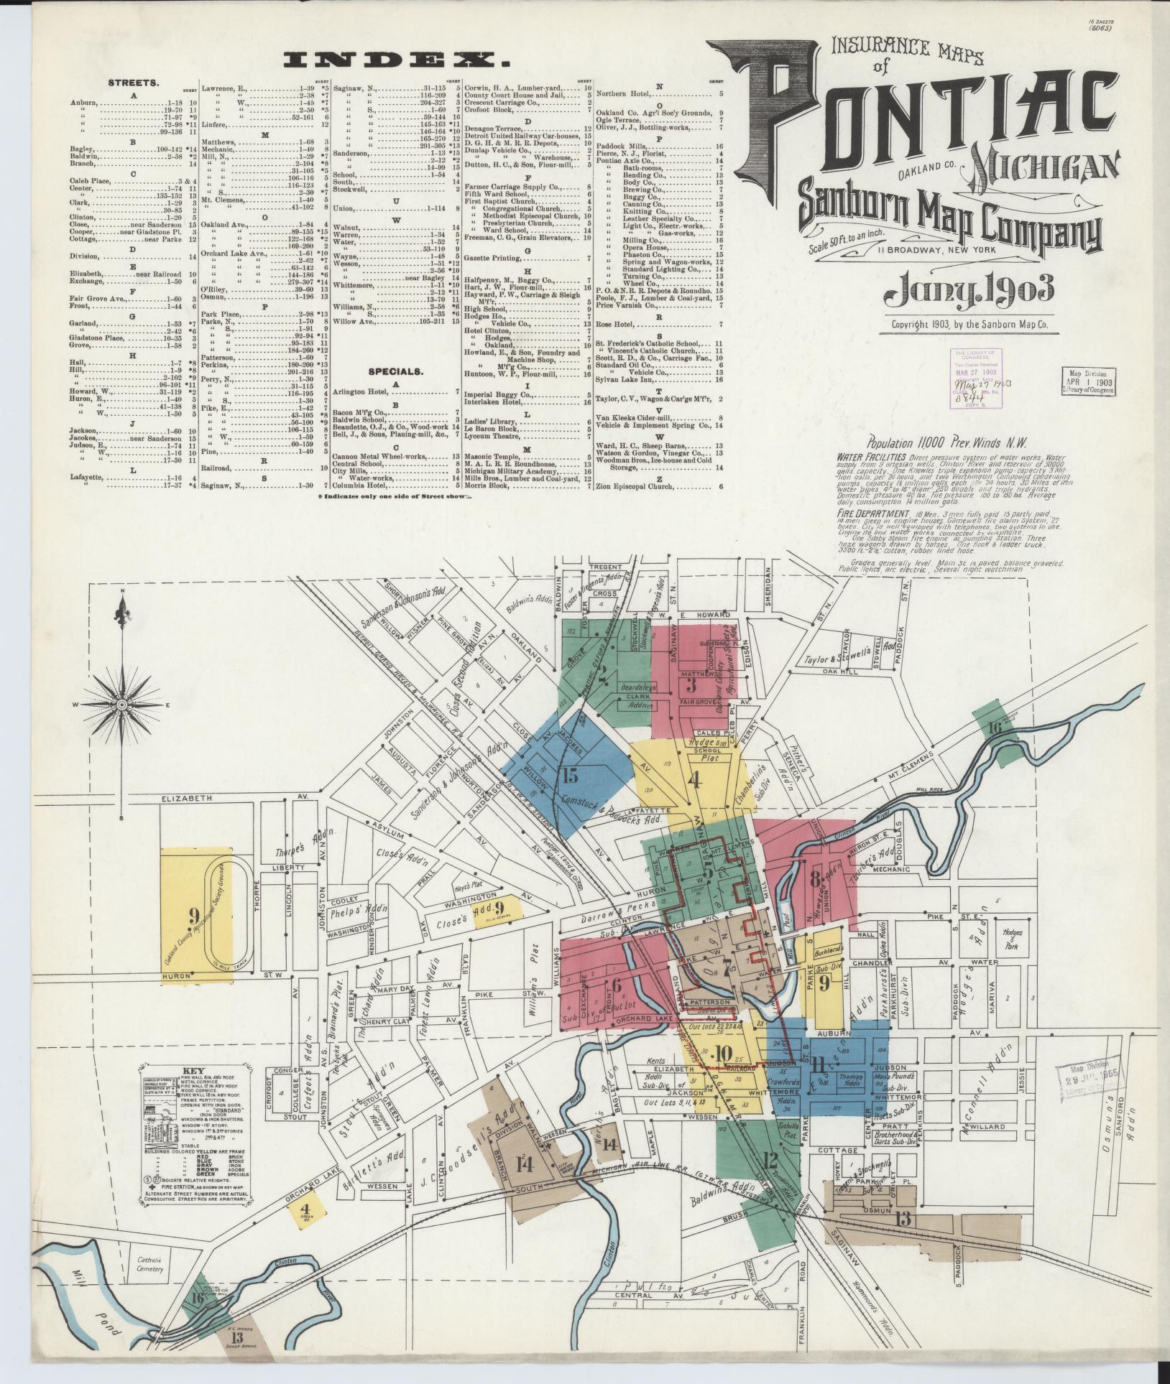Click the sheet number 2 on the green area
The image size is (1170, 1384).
[604, 672]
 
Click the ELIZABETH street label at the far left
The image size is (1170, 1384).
[188, 798]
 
